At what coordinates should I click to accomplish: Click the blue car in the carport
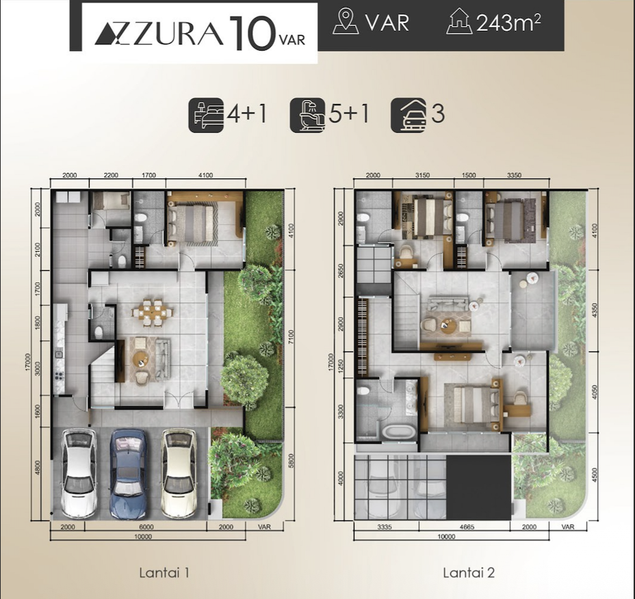point(128,474)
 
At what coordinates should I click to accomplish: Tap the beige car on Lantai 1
point(179,474)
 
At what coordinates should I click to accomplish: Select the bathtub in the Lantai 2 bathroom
point(398,431)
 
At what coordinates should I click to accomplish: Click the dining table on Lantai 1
point(153,312)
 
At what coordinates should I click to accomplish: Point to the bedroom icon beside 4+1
point(206,115)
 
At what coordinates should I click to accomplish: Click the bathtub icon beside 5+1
point(307,115)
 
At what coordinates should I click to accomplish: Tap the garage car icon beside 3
point(409,115)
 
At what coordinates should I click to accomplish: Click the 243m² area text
point(508,23)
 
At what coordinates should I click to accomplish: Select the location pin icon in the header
point(346,21)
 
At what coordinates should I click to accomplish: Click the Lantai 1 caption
point(164,573)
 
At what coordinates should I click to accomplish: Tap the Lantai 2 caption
point(469,573)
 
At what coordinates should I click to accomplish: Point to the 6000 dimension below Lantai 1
point(146,527)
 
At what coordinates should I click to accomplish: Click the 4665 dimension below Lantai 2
point(467,527)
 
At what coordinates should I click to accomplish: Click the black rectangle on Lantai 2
point(479,487)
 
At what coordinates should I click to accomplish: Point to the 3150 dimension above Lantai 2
point(422,175)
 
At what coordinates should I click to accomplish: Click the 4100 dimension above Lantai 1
point(206,175)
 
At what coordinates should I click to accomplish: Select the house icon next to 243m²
point(459,21)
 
